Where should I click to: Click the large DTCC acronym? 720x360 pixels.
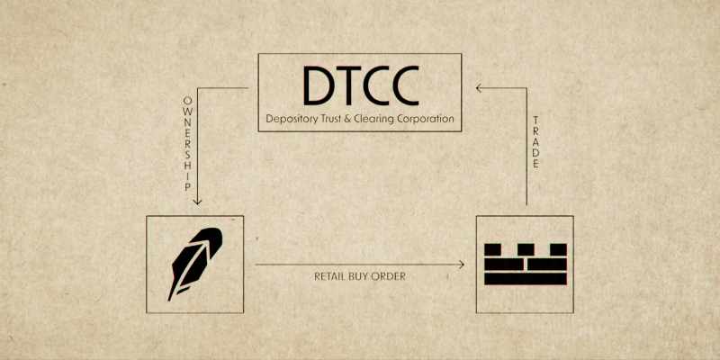tap(360, 85)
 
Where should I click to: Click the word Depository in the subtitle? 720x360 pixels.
tap(287, 119)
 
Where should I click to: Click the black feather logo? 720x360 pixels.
tap(195, 264)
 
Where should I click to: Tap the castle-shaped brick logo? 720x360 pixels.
tap(526, 264)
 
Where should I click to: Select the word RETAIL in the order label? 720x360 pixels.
tap(329, 276)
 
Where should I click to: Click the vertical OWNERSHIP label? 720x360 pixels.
tap(187, 143)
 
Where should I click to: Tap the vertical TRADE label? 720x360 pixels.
tap(535, 142)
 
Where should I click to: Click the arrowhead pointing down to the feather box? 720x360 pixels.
tap(197, 201)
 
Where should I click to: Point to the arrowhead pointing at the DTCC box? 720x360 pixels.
tap(480, 87)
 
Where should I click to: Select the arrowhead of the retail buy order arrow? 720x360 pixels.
tap(461, 264)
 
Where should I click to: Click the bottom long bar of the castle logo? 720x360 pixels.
tap(526, 279)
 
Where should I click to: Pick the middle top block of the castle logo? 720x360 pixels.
tap(526, 249)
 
